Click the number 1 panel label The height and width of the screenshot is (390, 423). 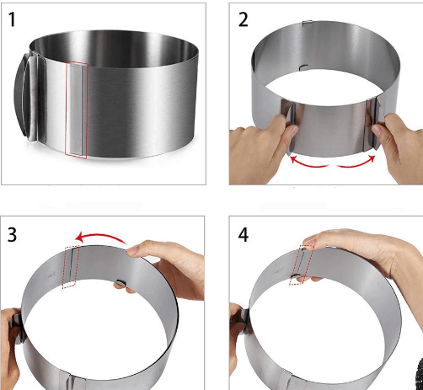[12, 19]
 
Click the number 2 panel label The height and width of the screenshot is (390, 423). [244, 19]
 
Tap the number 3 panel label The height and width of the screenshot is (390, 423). [12, 234]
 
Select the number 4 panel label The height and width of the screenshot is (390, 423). [244, 235]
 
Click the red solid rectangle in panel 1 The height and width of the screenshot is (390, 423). [77, 109]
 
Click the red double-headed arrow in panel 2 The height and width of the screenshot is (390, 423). [332, 162]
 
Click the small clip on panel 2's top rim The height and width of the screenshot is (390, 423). [308, 23]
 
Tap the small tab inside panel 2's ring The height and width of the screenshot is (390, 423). [304, 67]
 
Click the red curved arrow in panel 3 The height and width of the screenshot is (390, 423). [102, 238]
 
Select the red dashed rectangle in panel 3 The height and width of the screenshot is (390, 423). [71, 267]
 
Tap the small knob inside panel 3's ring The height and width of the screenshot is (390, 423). [120, 283]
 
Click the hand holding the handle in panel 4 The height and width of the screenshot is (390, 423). [238, 343]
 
